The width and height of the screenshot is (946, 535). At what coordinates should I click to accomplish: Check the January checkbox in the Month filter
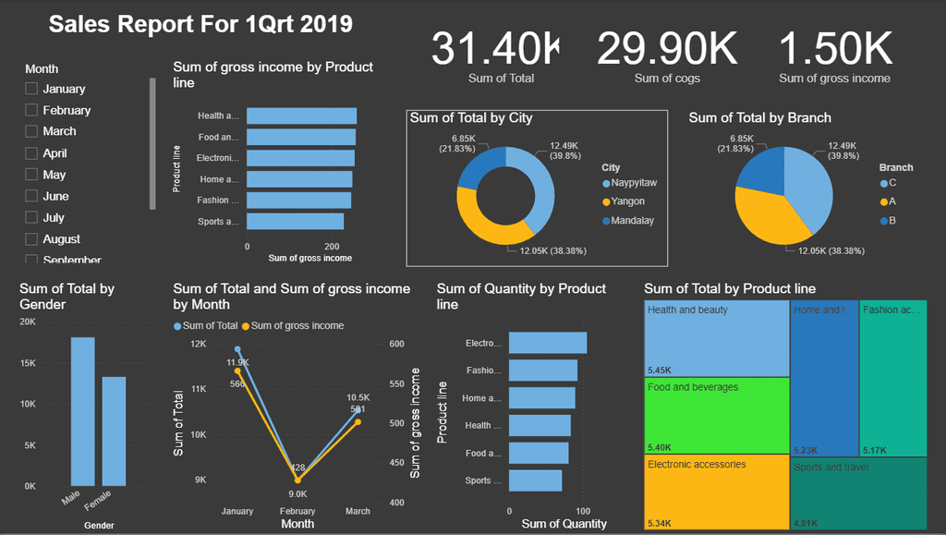click(x=31, y=89)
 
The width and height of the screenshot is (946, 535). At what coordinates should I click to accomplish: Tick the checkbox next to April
click(x=31, y=153)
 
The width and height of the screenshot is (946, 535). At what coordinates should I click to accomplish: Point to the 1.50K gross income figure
click(x=835, y=48)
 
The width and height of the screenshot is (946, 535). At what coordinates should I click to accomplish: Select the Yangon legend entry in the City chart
click(x=626, y=201)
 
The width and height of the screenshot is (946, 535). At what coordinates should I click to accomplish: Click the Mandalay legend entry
click(x=632, y=221)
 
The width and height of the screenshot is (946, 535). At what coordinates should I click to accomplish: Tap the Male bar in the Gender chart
click(x=83, y=411)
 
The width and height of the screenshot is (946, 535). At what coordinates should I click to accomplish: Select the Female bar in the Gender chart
click(x=114, y=431)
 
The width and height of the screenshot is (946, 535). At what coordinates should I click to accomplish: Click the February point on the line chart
click(x=297, y=480)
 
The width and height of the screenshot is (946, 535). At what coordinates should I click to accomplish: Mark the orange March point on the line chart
click(x=358, y=422)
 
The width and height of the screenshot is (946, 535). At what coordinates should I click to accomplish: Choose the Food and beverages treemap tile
click(x=717, y=415)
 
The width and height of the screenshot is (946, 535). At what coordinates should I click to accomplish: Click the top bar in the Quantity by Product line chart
click(x=547, y=343)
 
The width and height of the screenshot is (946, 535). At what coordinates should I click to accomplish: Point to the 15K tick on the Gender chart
click(x=28, y=363)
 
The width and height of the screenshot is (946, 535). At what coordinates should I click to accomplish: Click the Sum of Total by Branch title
click(x=759, y=117)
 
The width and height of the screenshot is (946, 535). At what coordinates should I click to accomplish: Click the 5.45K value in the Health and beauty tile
click(x=661, y=370)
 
